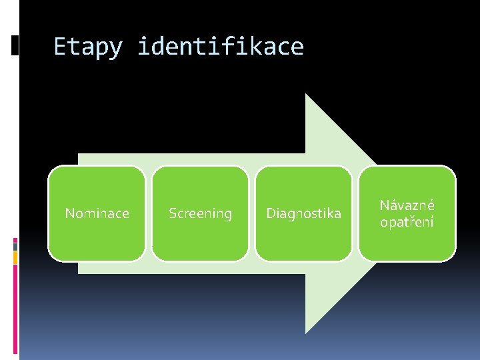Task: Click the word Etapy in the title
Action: pos(87,47)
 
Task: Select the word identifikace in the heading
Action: pos(221,47)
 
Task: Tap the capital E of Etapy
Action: pos(59,47)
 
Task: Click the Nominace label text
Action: pos(97,213)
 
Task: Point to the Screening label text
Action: pos(200,213)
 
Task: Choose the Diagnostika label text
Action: pos(303,213)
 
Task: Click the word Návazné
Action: pos(407,206)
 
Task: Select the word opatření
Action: pos(407,221)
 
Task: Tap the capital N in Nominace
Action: pos(69,213)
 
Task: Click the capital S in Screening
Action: pos(172,213)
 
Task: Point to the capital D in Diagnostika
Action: pos(271,213)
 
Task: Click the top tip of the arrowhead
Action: pos(306,95)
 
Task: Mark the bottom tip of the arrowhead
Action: pos(306,332)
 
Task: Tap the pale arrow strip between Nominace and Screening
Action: pos(149,213)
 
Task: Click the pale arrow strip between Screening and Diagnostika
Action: pos(252,213)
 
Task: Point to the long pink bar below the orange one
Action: pos(15,310)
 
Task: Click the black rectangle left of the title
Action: pos(15,45)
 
